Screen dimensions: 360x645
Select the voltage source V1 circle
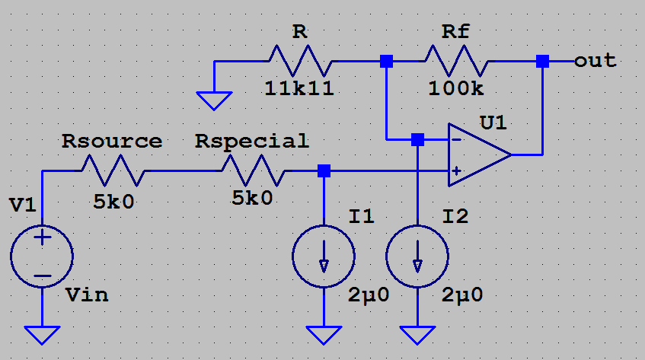(42, 256)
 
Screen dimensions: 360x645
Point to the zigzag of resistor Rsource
(112, 170)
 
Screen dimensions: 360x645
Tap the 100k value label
(455, 88)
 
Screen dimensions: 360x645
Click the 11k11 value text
(299, 88)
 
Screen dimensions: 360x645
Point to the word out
(595, 60)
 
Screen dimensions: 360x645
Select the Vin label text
(87, 295)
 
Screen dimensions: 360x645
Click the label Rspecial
(252, 141)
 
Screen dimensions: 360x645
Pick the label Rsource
(112, 141)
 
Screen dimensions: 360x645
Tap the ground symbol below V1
(42, 334)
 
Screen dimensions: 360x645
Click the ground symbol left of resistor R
(216, 100)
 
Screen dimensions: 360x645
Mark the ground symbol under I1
(324, 334)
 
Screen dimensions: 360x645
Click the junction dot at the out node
(542, 61)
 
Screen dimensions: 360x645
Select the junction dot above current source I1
(324, 170)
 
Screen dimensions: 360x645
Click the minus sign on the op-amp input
(455, 140)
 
